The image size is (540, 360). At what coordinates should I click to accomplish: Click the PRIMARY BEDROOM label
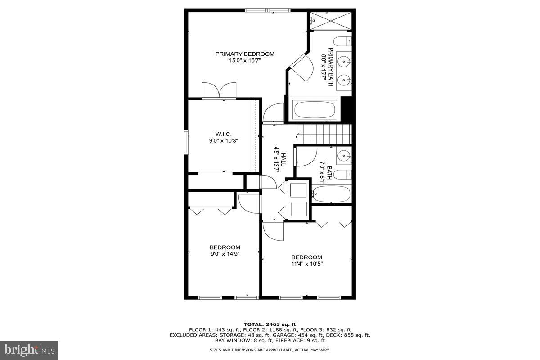point(244,54)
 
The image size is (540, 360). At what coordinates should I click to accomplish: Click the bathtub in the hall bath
point(332,194)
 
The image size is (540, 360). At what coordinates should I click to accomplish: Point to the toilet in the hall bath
point(344,175)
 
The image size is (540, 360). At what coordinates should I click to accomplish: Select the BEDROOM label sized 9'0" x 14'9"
point(225,247)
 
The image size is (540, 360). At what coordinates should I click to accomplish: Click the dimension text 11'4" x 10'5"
point(306,264)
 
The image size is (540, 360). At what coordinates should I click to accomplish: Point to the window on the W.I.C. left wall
point(185,142)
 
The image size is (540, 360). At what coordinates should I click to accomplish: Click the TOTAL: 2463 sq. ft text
point(270,324)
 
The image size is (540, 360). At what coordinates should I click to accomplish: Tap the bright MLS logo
point(29,349)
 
